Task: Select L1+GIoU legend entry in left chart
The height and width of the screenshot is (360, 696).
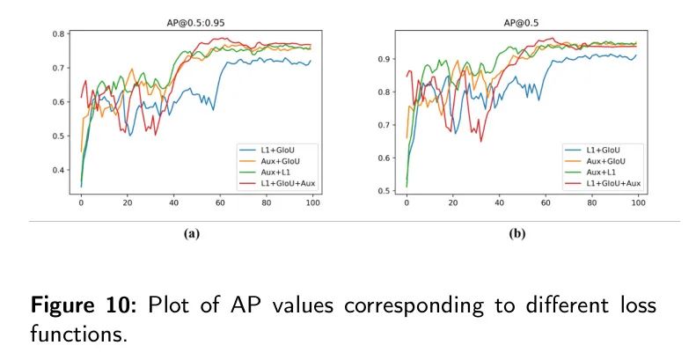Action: point(281,149)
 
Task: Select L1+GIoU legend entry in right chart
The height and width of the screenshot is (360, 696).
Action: point(606,149)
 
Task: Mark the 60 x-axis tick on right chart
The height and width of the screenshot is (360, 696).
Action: point(546,205)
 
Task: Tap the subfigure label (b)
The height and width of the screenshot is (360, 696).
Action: point(519,234)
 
